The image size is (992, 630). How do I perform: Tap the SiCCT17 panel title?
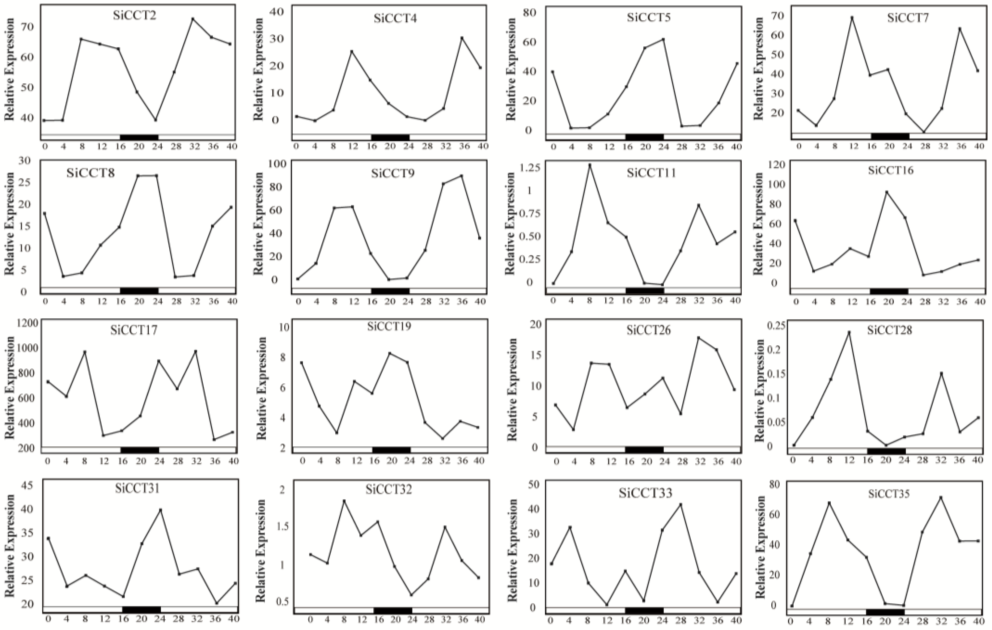134,330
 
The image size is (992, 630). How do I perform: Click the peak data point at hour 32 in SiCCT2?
193,19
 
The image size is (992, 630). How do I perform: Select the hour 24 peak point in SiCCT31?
160,510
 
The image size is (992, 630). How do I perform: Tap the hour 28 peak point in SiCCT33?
680,504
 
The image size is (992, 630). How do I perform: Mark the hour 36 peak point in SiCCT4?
462,38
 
